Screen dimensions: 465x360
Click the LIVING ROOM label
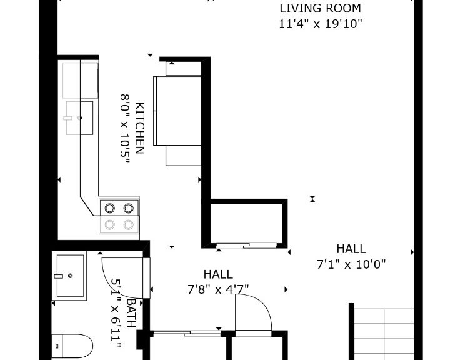[320, 8]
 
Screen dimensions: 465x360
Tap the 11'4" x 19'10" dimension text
[321, 24]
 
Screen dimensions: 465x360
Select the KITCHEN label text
[139, 128]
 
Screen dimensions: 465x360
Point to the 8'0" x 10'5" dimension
[125, 128]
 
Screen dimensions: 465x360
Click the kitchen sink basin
[79, 117]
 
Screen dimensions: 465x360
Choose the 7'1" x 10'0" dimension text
[351, 264]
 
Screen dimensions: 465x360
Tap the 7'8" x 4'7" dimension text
[218, 289]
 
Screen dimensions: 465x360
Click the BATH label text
[131, 313]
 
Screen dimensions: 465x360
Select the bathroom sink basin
[70, 276]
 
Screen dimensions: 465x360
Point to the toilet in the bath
[72, 346]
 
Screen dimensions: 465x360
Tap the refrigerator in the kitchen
[177, 111]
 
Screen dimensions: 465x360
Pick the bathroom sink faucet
[59, 276]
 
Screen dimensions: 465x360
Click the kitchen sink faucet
[68, 118]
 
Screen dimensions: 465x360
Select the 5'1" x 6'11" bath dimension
[116, 314]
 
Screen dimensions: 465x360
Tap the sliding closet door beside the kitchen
[246, 246]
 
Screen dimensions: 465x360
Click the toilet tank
[57, 346]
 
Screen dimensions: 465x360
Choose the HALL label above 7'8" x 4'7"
[218, 274]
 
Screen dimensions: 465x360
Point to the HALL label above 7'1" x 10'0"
[351, 249]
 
